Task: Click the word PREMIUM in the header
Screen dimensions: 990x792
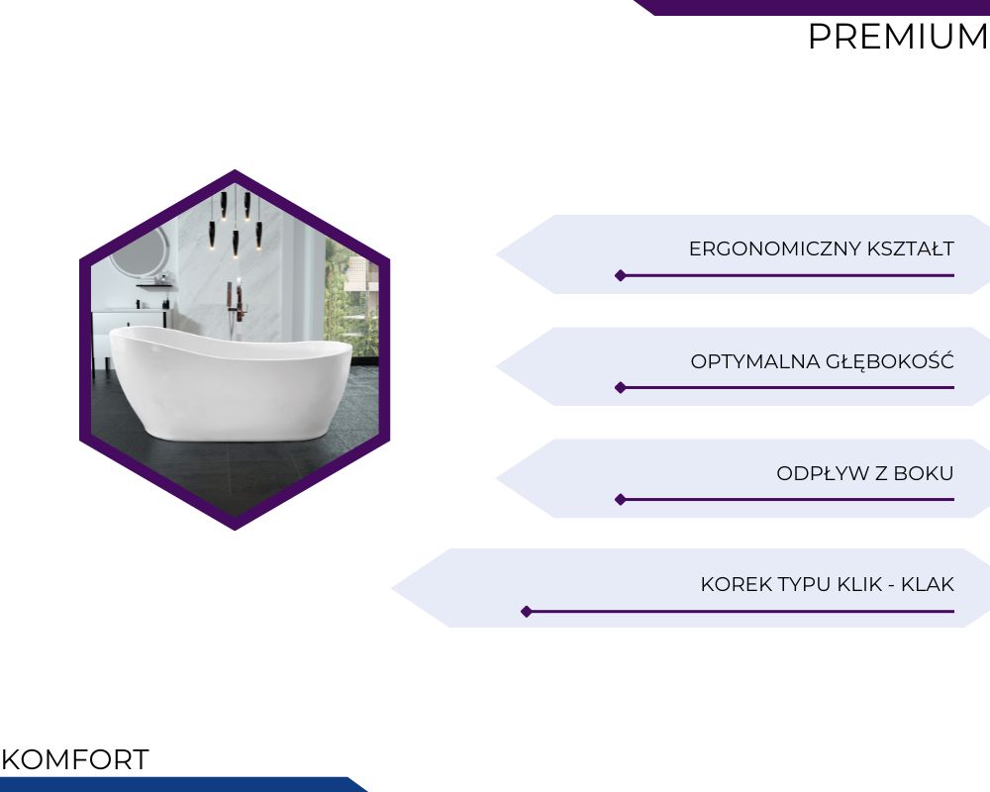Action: point(898,37)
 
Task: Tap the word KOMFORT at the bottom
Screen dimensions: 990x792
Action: point(75,759)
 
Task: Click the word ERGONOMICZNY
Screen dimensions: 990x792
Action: point(775,248)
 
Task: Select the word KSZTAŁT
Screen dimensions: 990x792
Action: point(911,248)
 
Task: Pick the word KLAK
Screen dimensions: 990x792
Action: point(928,584)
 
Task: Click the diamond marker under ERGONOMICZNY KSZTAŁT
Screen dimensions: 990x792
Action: point(621,275)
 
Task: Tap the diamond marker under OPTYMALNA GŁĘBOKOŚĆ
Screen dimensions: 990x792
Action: point(621,387)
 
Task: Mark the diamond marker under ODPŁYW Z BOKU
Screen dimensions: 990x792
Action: point(621,500)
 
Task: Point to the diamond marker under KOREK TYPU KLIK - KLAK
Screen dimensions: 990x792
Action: point(527,612)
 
